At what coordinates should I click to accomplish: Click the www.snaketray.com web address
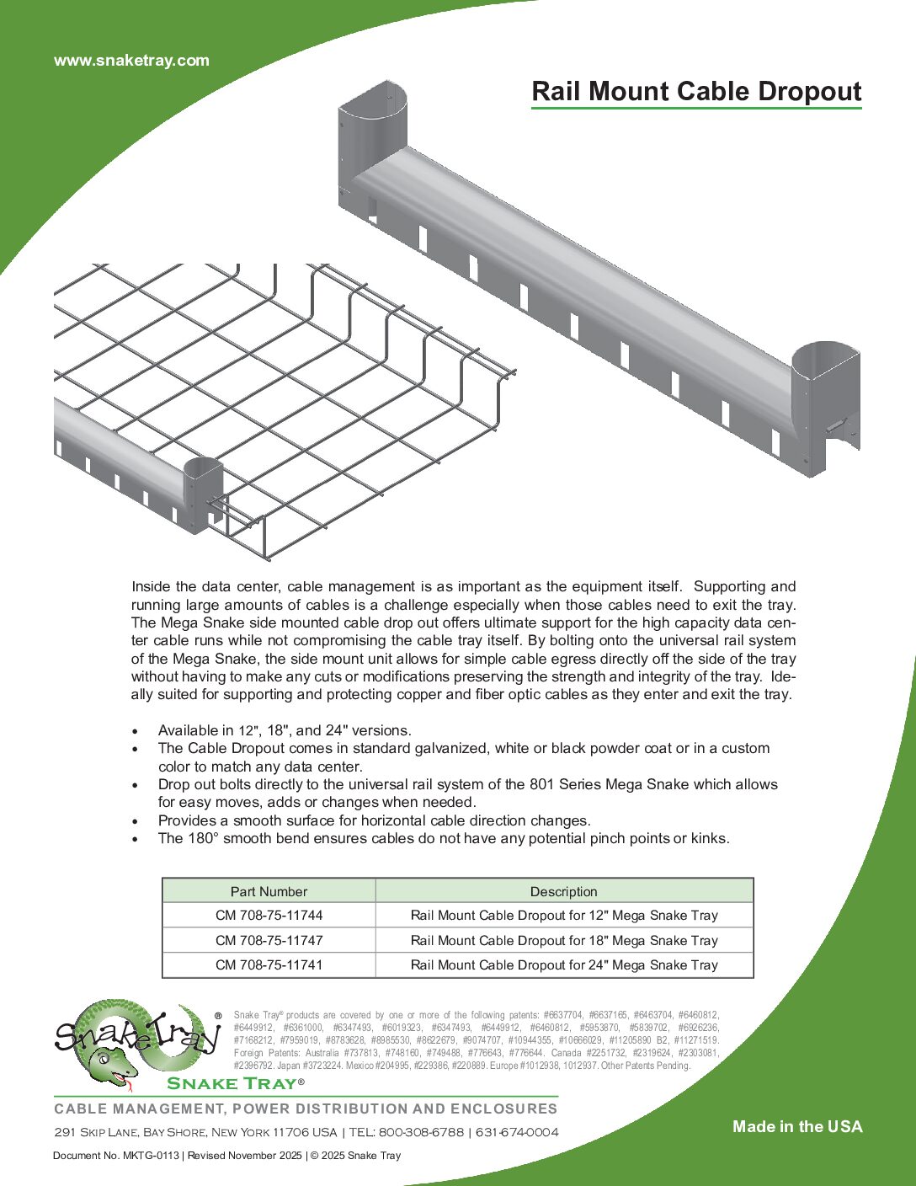click(131, 61)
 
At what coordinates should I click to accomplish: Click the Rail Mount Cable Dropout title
click(696, 91)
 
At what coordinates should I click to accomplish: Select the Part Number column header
click(269, 891)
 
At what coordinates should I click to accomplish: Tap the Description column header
click(563, 891)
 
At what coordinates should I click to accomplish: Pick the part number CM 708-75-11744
click(269, 916)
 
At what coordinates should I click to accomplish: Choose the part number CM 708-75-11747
click(269, 940)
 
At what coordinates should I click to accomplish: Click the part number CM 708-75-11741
click(269, 965)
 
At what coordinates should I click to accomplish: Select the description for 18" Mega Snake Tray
click(564, 940)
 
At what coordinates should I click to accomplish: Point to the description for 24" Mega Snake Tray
click(564, 965)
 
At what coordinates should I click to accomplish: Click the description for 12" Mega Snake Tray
click(564, 916)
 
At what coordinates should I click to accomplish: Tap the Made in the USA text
click(797, 1127)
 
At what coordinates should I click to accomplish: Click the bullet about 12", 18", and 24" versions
click(285, 730)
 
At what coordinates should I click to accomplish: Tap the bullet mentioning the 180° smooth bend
click(444, 838)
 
